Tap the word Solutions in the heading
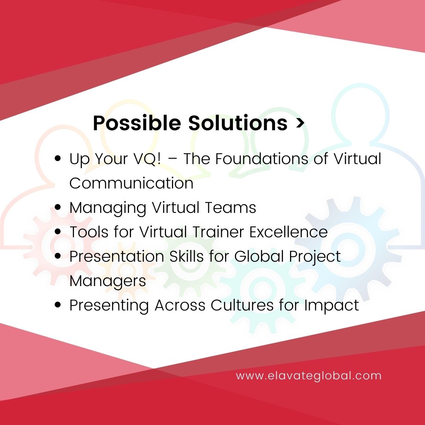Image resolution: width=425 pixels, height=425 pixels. [238, 123]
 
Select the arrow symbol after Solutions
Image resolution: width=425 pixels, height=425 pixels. [300, 124]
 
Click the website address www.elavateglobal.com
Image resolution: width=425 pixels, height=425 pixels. [309, 375]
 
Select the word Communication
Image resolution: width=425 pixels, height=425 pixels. [131, 183]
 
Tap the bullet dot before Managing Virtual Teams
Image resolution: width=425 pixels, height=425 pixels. [58, 207]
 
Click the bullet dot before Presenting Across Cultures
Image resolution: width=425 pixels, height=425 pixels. [58, 305]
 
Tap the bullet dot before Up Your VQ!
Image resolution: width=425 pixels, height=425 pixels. [58, 159]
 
